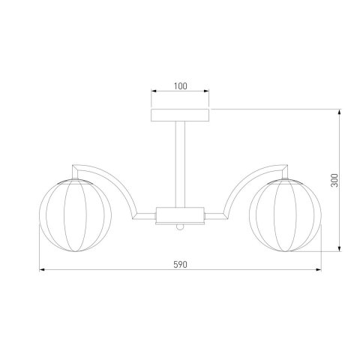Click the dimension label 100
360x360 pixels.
pyautogui.click(x=180, y=86)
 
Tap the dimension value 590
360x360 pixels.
pyautogui.click(x=180, y=265)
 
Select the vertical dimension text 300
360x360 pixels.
pyautogui.click(x=334, y=180)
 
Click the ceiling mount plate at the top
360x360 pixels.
pyautogui.click(x=180, y=115)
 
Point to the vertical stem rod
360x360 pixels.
pyautogui.click(x=180, y=164)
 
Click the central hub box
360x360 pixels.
pyautogui.click(x=180, y=215)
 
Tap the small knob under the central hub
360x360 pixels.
pyautogui.click(x=180, y=226)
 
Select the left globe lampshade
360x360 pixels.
pyautogui.click(x=75, y=215)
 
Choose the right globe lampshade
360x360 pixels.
pyautogui.click(x=285, y=215)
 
